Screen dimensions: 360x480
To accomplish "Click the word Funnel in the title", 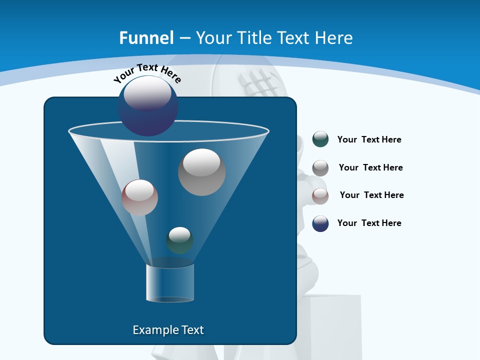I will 146,38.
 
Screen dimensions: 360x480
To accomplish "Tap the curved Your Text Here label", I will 147,72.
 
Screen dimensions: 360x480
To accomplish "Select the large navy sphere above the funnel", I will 148,106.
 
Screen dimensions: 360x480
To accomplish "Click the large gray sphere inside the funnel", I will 201,172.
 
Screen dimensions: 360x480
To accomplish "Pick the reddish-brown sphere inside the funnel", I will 139,197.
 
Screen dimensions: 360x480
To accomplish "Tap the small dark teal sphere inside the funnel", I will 179,240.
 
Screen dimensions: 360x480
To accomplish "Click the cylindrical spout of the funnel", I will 169,282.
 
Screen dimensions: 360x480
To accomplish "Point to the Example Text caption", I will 168,330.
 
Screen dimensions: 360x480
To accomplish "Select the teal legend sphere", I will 320,139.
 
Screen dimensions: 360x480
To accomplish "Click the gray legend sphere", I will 320,168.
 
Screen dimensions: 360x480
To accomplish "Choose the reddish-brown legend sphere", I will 320,196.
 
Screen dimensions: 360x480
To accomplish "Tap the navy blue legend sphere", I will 320,223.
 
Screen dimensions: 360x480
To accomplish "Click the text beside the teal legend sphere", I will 369,140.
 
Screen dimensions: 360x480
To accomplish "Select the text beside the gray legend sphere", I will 370,168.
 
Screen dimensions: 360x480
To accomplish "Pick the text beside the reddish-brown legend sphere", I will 371,195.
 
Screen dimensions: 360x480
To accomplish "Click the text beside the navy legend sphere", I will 369,223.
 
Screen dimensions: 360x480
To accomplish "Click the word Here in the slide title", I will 334,38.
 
